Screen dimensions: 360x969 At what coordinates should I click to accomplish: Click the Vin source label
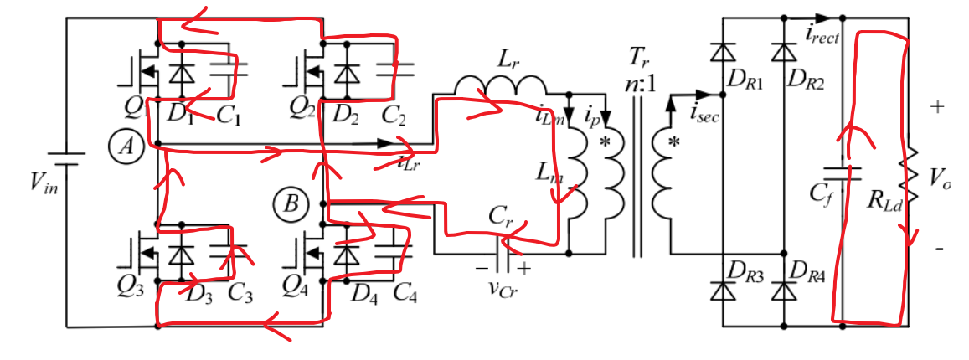pos(31,185)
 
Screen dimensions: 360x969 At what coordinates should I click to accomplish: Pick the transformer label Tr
pos(639,59)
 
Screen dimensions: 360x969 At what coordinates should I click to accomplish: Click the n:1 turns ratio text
pos(637,83)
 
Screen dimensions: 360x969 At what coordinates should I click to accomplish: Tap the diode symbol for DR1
pos(721,52)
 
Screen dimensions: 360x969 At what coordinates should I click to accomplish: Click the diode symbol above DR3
pos(721,290)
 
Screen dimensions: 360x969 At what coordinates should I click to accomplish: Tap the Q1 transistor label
pos(132,107)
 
